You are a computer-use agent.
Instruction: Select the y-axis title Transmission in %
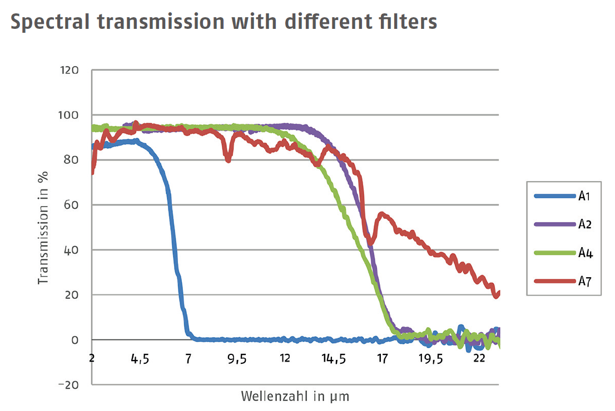tap(43, 228)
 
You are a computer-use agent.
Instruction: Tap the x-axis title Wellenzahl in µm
tap(295, 397)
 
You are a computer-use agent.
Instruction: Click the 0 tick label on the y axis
tap(76, 340)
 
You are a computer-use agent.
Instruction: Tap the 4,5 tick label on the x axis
tap(140, 359)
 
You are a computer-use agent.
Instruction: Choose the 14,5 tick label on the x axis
tap(334, 359)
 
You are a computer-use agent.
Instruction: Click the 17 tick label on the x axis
tap(382, 359)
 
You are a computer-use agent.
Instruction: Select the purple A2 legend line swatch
tap(554, 224)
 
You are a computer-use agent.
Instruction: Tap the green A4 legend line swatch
tap(554, 253)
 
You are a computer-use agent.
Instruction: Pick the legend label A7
tap(584, 282)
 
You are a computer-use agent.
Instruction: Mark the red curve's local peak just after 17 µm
tap(382, 214)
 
